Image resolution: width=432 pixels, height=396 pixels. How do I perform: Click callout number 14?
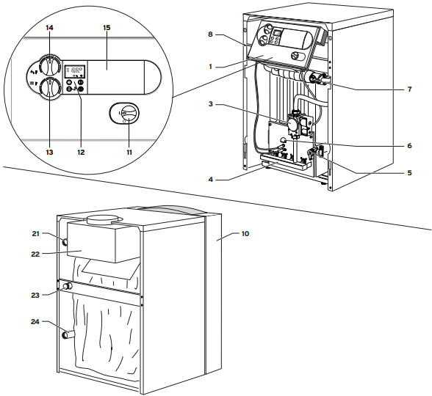point(50,28)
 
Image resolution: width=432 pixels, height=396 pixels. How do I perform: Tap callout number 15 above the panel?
point(107,28)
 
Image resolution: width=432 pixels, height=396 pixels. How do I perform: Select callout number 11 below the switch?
point(129,152)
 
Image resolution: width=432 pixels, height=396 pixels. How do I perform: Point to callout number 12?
point(81,152)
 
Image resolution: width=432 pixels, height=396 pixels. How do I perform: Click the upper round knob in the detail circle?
point(50,66)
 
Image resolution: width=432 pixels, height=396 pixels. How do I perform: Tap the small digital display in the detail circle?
point(75,72)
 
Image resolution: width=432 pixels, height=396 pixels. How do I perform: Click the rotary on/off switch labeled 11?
point(128,113)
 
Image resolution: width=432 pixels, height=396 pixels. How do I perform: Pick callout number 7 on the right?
point(409,89)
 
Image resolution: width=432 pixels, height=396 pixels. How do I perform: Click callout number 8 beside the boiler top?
point(210,34)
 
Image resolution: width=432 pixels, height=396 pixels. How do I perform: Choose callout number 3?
point(210,104)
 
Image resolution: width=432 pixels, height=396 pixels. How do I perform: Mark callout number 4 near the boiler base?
point(211,180)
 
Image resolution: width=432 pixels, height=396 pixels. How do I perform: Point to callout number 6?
point(409,146)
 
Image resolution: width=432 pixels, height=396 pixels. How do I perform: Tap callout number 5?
point(409,173)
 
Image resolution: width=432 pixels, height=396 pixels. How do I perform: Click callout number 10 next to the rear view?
point(245,234)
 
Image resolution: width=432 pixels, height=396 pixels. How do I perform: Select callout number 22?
point(35,254)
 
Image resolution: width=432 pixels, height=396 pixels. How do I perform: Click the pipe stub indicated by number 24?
point(69,334)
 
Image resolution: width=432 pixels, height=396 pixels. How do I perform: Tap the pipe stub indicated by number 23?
point(68,286)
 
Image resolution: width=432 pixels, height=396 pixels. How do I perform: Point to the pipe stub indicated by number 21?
point(65,242)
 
